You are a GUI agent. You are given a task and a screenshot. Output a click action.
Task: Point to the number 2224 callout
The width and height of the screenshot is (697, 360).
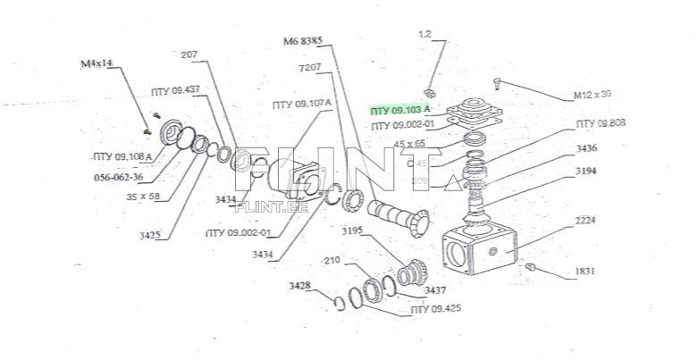pos(585,220)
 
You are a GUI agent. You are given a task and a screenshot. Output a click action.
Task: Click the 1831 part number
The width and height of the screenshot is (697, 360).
pos(585,271)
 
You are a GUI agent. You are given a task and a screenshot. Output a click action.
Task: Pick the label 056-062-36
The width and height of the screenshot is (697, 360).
pos(118,176)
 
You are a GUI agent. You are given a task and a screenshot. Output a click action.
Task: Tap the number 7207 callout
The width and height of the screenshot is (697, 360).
pos(311,68)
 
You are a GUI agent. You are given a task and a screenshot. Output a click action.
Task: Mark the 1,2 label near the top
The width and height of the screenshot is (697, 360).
pos(424,33)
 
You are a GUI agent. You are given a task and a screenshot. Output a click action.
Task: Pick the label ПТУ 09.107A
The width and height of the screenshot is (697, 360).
pos(302,104)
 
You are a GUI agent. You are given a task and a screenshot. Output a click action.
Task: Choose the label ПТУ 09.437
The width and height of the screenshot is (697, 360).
pos(175,90)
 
